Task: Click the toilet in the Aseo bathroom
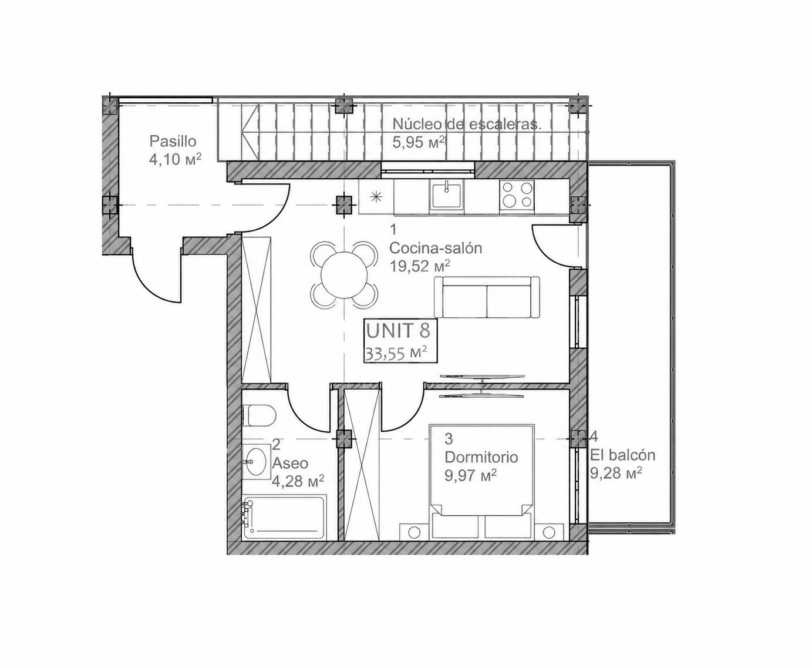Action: click(260, 415)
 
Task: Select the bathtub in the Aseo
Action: click(284, 517)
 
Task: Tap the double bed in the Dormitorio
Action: click(482, 481)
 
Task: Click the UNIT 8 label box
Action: click(400, 341)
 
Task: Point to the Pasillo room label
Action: click(173, 142)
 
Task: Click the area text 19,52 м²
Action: click(420, 266)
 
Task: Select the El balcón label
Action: click(622, 455)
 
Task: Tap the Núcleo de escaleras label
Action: click(467, 125)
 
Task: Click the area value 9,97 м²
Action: click(470, 475)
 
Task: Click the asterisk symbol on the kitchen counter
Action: click(375, 197)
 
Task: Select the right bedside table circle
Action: click(548, 532)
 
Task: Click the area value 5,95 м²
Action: click(419, 142)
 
